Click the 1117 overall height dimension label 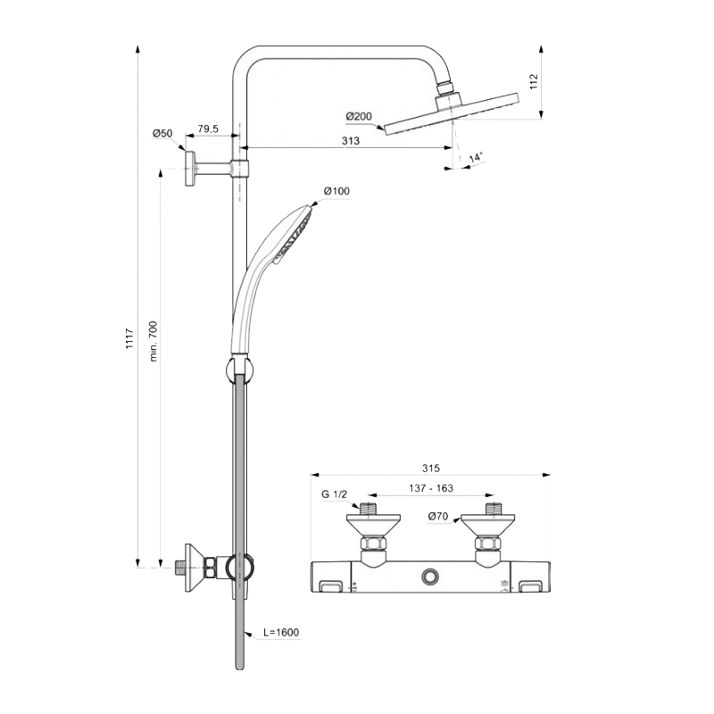click(x=129, y=338)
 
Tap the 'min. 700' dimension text click(x=153, y=341)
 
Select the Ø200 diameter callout click(x=359, y=117)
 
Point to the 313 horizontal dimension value click(x=351, y=141)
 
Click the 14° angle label click(x=476, y=158)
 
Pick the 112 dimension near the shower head click(x=534, y=81)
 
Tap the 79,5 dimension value click(x=208, y=129)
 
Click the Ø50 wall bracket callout click(x=162, y=133)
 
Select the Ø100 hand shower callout click(x=337, y=191)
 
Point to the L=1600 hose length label click(x=281, y=633)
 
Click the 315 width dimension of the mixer click(x=431, y=468)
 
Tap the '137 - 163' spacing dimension click(x=431, y=488)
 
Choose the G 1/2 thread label click(x=334, y=494)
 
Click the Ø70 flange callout click(x=438, y=517)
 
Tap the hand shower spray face click(x=296, y=237)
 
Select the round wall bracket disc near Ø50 click(x=190, y=168)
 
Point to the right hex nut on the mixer click(x=487, y=544)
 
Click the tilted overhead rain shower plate click(x=452, y=114)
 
